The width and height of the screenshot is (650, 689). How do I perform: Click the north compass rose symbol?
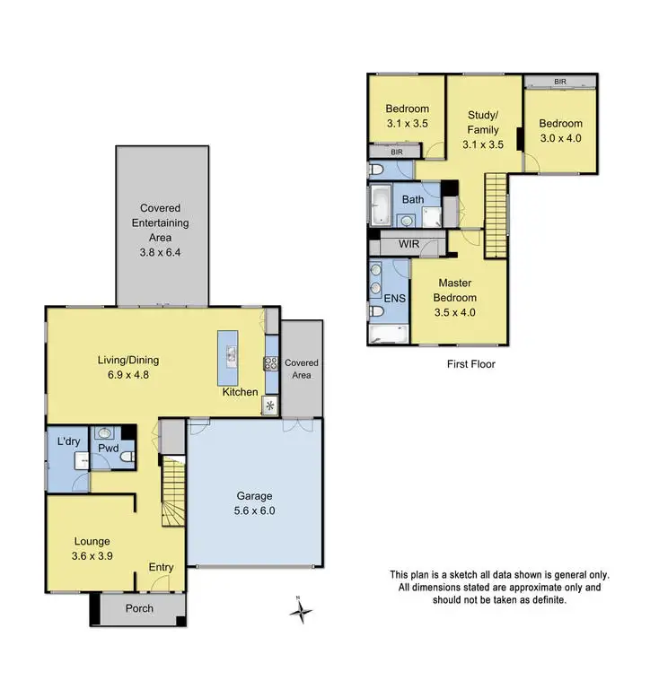pyautogui.click(x=303, y=613)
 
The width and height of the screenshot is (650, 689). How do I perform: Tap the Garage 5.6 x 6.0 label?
pyautogui.click(x=255, y=502)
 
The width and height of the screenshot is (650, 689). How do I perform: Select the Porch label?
pyautogui.click(x=139, y=608)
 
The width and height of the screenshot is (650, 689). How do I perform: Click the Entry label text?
pyautogui.click(x=161, y=567)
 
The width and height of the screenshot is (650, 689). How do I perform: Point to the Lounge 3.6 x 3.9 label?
pyautogui.click(x=92, y=548)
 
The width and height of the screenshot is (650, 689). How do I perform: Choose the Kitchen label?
pyautogui.click(x=241, y=392)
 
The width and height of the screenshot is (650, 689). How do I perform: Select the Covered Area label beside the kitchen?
pyautogui.click(x=302, y=369)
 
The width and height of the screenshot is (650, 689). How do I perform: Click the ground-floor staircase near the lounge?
pyautogui.click(x=172, y=491)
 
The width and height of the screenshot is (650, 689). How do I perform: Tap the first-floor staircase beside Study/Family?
pyautogui.click(x=496, y=205)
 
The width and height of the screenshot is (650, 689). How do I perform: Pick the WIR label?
pyautogui.click(x=408, y=244)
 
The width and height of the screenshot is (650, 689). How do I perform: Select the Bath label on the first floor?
pyautogui.click(x=413, y=199)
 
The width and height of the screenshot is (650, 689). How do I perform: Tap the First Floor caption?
pyautogui.click(x=470, y=364)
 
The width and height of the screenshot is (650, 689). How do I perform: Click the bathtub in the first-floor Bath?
pyautogui.click(x=379, y=205)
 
